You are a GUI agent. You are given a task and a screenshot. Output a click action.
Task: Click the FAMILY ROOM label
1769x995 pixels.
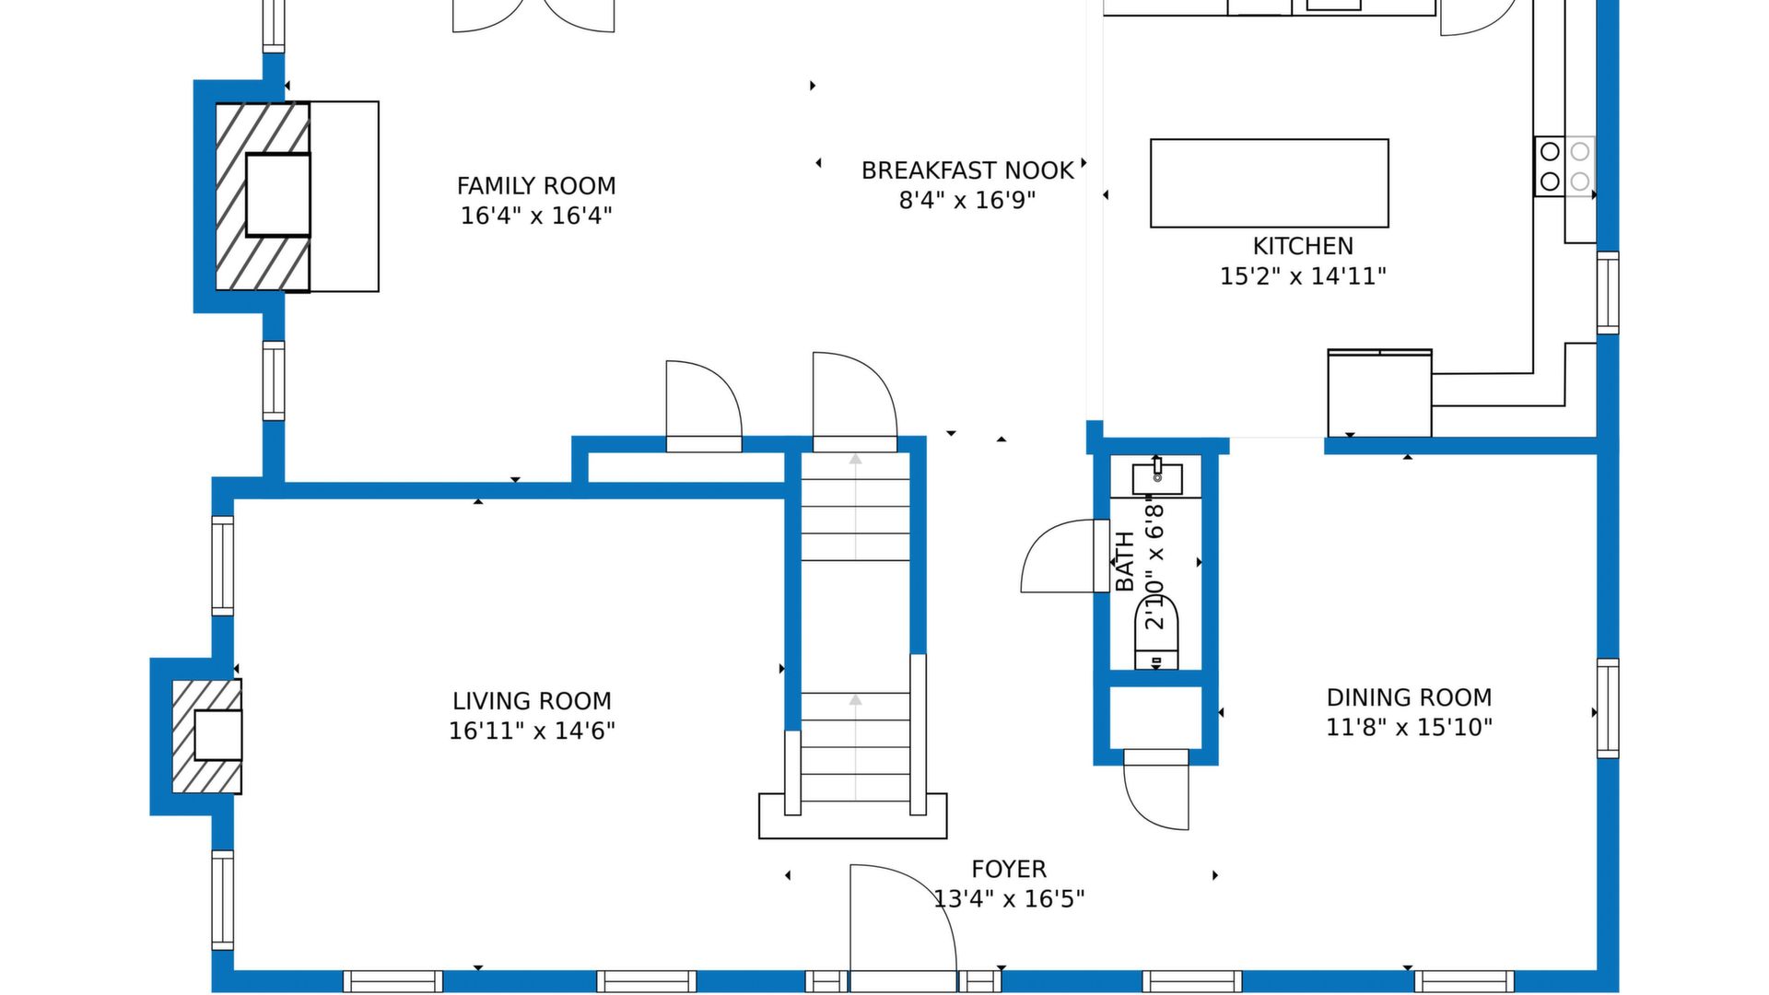[x=536, y=186]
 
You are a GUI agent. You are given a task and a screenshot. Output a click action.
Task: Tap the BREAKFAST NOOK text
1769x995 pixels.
[x=967, y=170]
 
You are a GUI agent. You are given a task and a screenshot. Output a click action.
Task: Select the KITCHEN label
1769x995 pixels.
[x=1303, y=246]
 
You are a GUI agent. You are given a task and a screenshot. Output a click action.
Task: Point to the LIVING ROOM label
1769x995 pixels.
[x=532, y=701]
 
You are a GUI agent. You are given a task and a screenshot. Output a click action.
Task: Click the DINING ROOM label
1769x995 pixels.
[x=1409, y=697]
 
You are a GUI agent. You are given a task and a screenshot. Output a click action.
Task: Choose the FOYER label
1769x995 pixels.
[x=1009, y=869]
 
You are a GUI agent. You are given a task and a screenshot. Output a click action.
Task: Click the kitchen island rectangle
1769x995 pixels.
[x=1270, y=183]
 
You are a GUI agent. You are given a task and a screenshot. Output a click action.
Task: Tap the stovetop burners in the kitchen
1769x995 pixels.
[x=1564, y=166]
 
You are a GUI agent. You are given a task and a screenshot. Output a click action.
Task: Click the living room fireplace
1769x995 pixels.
[x=207, y=736]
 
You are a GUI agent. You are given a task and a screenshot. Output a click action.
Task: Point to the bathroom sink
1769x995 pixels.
[x=1157, y=478]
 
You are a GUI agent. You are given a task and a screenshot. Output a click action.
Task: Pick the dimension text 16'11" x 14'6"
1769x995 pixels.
[x=532, y=731]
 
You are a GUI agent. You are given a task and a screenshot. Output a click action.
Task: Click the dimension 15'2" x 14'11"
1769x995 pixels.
[x=1303, y=275]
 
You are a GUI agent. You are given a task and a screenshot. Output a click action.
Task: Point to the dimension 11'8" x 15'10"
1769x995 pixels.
[x=1409, y=727]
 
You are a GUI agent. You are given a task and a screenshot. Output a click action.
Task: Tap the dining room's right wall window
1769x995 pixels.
[x=1608, y=708]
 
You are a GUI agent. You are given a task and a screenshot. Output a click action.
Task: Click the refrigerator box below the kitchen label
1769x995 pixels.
[x=1379, y=393]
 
